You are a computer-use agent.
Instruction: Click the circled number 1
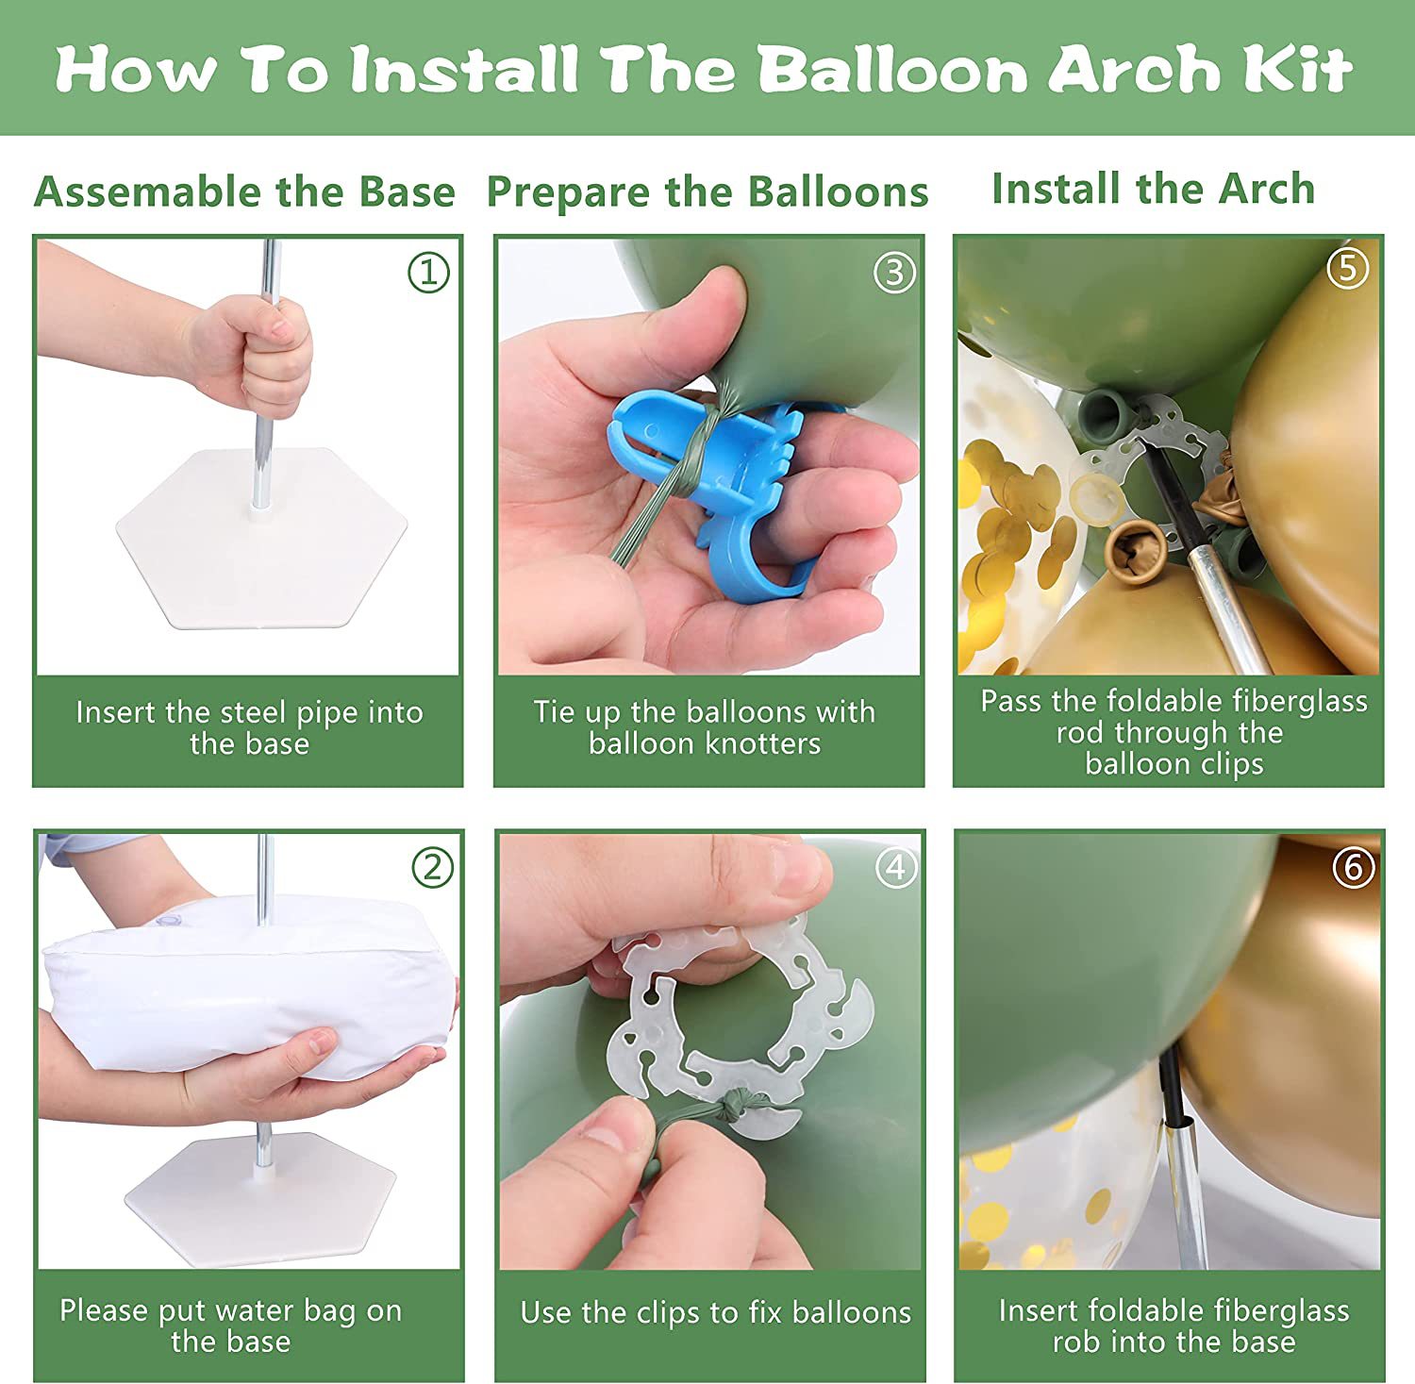click(428, 273)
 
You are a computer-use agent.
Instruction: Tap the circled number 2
click(432, 867)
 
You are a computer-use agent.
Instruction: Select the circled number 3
click(894, 273)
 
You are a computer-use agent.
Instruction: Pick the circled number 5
click(1348, 268)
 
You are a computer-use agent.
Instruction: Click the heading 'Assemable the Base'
click(244, 192)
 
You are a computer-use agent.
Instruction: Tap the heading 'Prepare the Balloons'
click(707, 192)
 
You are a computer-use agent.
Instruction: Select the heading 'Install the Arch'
click(1153, 189)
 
